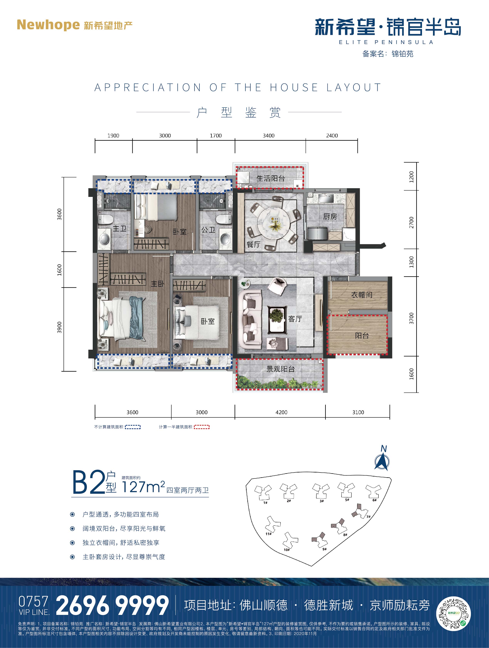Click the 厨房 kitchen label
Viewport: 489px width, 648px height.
coord(330,217)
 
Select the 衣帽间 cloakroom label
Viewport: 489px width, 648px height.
coord(362,295)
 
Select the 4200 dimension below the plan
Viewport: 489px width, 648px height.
coord(281,412)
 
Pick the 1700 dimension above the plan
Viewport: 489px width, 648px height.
coord(216,136)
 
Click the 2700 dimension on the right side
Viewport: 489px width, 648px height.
coord(412,223)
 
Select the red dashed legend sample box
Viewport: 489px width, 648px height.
coord(202,427)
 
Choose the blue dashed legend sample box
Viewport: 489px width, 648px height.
coord(133,427)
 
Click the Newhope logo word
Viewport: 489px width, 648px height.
coord(48,25)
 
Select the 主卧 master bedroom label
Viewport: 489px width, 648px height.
coord(158,283)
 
